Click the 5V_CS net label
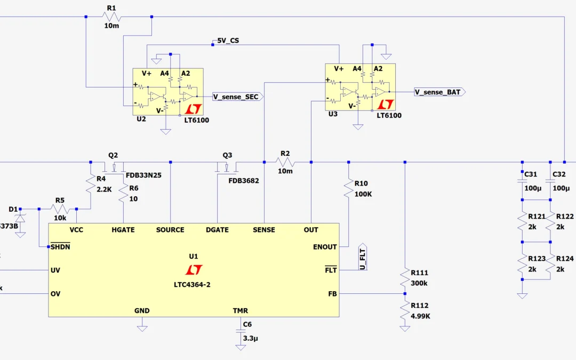(x=228, y=41)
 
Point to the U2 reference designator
(x=141, y=119)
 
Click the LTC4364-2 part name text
(x=193, y=285)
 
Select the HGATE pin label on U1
(x=123, y=230)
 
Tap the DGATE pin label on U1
(x=217, y=230)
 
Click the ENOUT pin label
(x=325, y=247)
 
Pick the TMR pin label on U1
(x=240, y=310)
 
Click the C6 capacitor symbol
(x=241, y=331)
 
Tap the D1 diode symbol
(x=20, y=218)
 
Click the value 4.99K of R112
(x=420, y=315)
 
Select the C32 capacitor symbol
(x=550, y=181)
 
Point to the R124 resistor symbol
(x=550, y=265)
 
